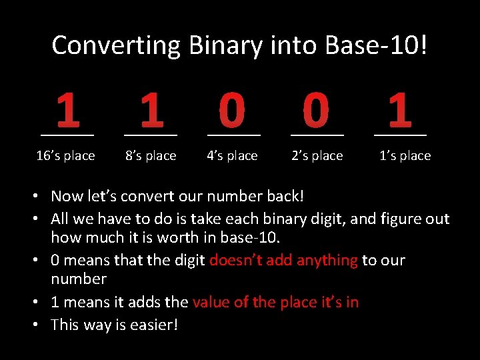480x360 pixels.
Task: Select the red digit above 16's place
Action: [x=67, y=111]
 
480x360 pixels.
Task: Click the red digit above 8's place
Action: [x=151, y=111]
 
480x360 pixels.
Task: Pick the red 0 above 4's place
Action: [x=232, y=111]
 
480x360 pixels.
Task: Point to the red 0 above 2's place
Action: [x=315, y=111]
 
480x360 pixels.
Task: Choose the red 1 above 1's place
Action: [x=399, y=111]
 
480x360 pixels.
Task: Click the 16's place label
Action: [x=65, y=156]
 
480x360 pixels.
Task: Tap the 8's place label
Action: [x=151, y=156]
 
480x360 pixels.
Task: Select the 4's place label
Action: [x=232, y=156]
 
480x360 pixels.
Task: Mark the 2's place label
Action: [x=317, y=156]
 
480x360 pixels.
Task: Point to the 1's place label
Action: [x=405, y=156]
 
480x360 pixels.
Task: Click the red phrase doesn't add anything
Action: [x=283, y=260]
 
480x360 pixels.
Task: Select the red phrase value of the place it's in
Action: [x=275, y=302]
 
